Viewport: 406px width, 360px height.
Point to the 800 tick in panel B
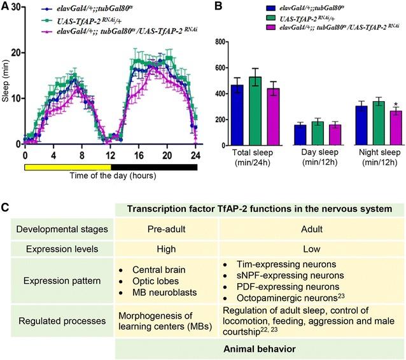228,42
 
